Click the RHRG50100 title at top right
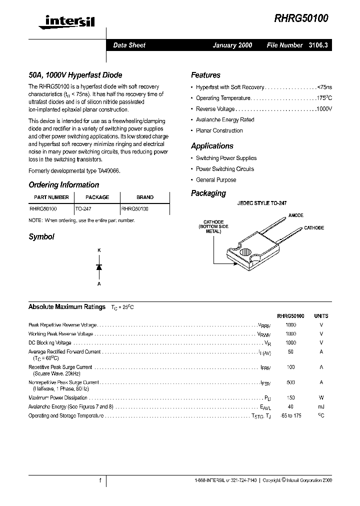[301, 18]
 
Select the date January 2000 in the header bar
[232, 45]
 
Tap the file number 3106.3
[318, 45]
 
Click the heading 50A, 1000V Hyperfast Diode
[75, 75]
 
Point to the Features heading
[205, 75]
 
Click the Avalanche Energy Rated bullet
[225, 120]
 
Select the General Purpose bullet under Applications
[216, 180]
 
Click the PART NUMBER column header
[51, 197]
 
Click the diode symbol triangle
[99, 267]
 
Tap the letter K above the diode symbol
[99, 250]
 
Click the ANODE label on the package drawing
[295, 215]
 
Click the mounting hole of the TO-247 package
[245, 251]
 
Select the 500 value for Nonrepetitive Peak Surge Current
[290, 382]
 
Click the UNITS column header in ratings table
[321, 316]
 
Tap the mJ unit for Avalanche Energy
[321, 406]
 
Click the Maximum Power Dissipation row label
[58, 398]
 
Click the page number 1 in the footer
[100, 480]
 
